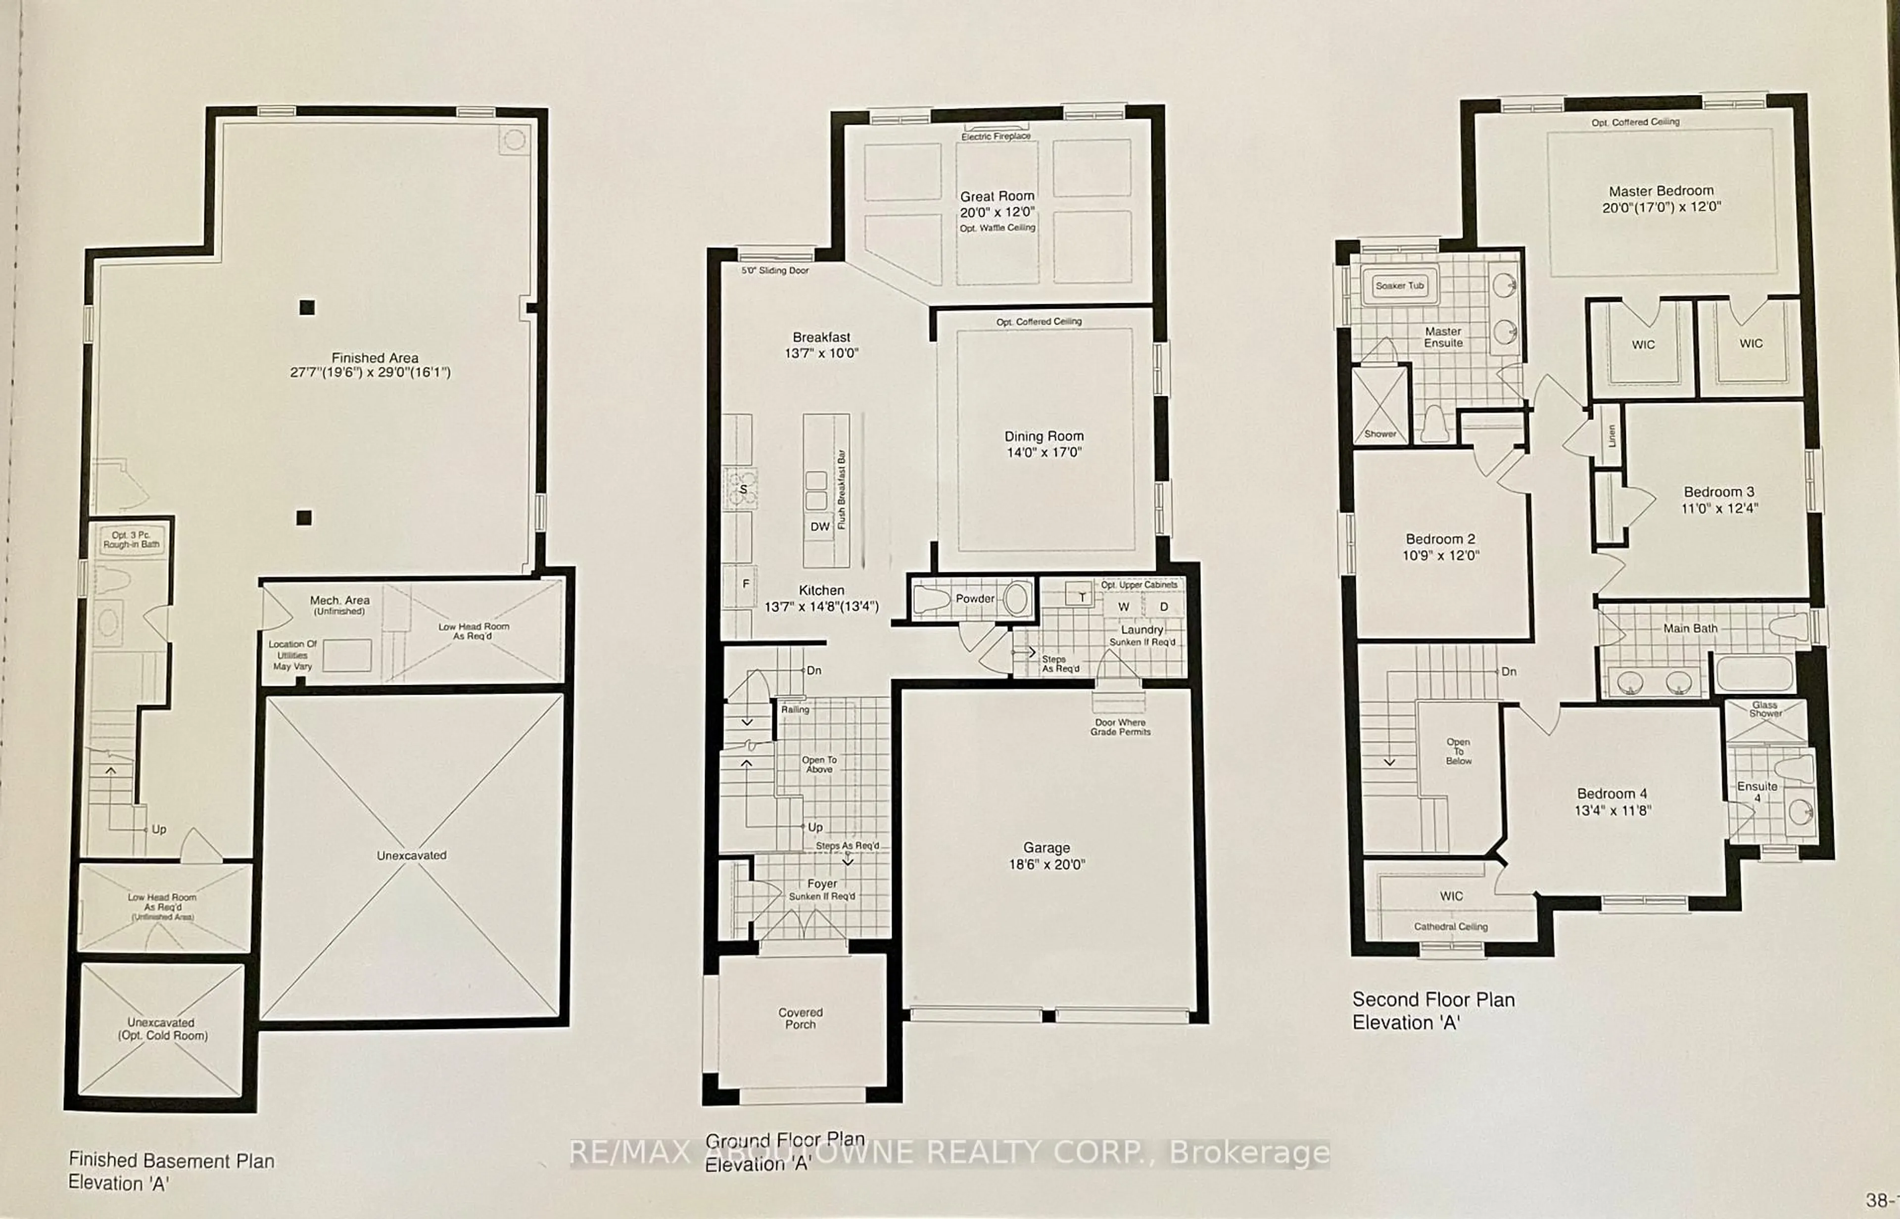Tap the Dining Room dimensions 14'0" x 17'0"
click(x=1044, y=453)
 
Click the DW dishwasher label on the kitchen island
click(x=819, y=526)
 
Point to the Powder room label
click(x=975, y=599)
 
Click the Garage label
click(x=1046, y=848)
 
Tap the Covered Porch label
click(x=801, y=1018)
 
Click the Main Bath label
click(x=1690, y=628)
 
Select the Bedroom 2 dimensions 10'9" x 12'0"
click(x=1440, y=556)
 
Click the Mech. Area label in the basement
click(x=339, y=601)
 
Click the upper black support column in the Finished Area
click(x=306, y=307)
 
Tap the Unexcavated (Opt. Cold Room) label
click(x=162, y=1029)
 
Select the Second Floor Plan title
click(x=1433, y=1000)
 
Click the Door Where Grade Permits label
click(x=1120, y=727)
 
